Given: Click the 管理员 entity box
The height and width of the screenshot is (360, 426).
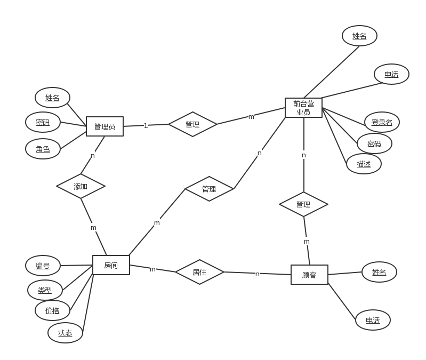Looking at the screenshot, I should click(105, 126).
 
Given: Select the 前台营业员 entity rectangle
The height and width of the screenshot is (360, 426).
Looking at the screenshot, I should click(303, 108).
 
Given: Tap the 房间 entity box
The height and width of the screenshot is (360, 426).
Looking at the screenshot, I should click(111, 265).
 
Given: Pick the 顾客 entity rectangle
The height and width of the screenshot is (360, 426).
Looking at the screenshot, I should click(309, 275).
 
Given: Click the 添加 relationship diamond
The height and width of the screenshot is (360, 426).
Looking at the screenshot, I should click(81, 186).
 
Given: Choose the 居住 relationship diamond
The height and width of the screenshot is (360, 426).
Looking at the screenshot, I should click(199, 272).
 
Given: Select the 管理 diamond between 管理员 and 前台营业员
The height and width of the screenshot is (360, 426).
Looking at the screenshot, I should click(192, 124).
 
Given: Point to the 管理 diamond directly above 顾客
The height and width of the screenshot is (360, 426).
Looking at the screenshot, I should click(303, 204).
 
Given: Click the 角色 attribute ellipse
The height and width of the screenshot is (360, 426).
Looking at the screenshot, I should click(43, 149).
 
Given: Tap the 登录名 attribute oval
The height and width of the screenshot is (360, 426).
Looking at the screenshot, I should click(382, 122).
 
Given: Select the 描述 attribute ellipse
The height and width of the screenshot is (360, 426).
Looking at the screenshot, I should click(364, 164).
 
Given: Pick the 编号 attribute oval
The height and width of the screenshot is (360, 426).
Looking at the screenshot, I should click(43, 266).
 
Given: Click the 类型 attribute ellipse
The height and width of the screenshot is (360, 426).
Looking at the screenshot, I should click(45, 290).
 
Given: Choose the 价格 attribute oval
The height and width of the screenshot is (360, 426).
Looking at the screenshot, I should click(52, 310).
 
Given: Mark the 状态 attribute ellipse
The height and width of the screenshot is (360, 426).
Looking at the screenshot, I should click(65, 333).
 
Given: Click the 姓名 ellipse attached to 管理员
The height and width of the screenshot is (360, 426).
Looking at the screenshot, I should click(52, 98).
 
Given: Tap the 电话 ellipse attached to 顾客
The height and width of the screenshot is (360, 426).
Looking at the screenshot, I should click(373, 320).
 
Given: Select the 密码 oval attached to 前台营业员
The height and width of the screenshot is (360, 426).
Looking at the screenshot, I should click(374, 143).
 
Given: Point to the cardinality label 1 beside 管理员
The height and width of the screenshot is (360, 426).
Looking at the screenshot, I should click(146, 125).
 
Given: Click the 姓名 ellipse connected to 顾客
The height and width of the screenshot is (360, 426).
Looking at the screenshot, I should click(379, 272).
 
